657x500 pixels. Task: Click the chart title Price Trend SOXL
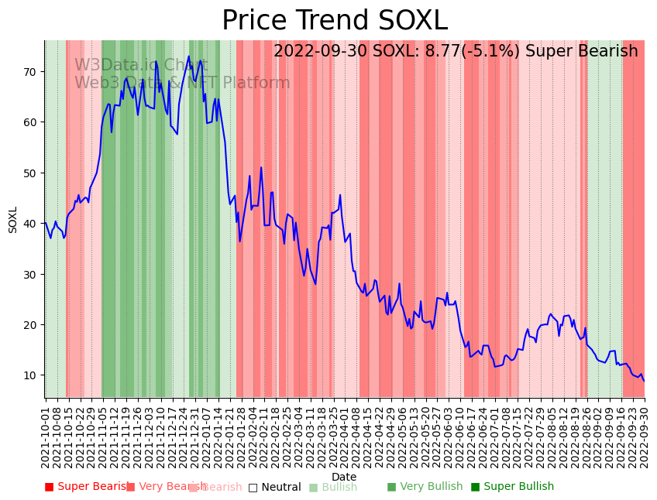point(335,21)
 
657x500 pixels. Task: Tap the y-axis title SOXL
point(13,220)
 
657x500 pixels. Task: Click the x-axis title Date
point(344,477)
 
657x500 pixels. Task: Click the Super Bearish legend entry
point(87,487)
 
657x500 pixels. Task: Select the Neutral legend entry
point(274,487)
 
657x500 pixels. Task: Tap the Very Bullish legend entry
point(425,487)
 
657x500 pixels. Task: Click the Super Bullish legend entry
point(512,487)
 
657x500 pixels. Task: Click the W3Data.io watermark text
point(129,65)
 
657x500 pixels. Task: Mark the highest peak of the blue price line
point(188,56)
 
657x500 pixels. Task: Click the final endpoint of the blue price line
point(644,381)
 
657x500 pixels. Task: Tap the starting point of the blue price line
point(45,223)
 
